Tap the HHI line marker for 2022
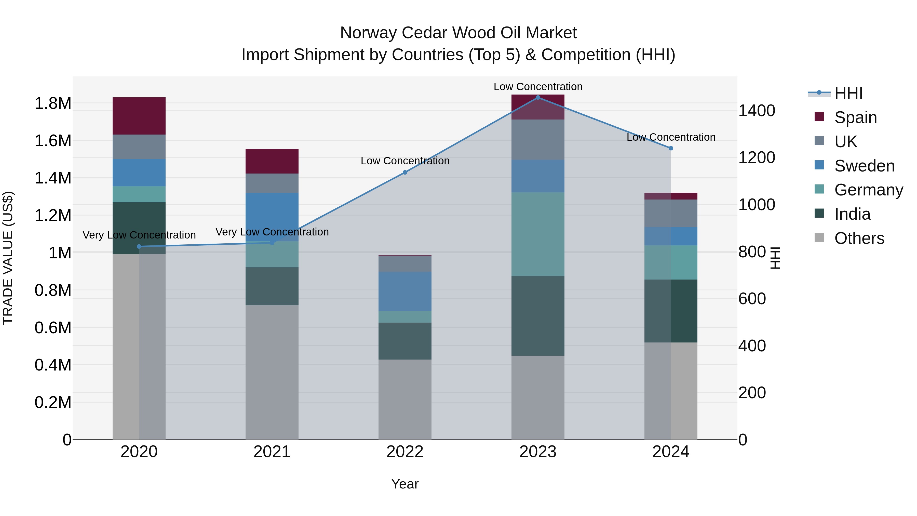(405, 172)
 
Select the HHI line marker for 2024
(671, 148)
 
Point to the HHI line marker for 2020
(139, 246)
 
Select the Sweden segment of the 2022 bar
(405, 291)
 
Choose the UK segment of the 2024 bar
(671, 213)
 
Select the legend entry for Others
(859, 238)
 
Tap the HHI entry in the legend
(848, 93)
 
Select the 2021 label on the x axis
(272, 452)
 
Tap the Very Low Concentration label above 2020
(139, 235)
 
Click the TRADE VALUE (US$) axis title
(8, 258)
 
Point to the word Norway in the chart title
(369, 33)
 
